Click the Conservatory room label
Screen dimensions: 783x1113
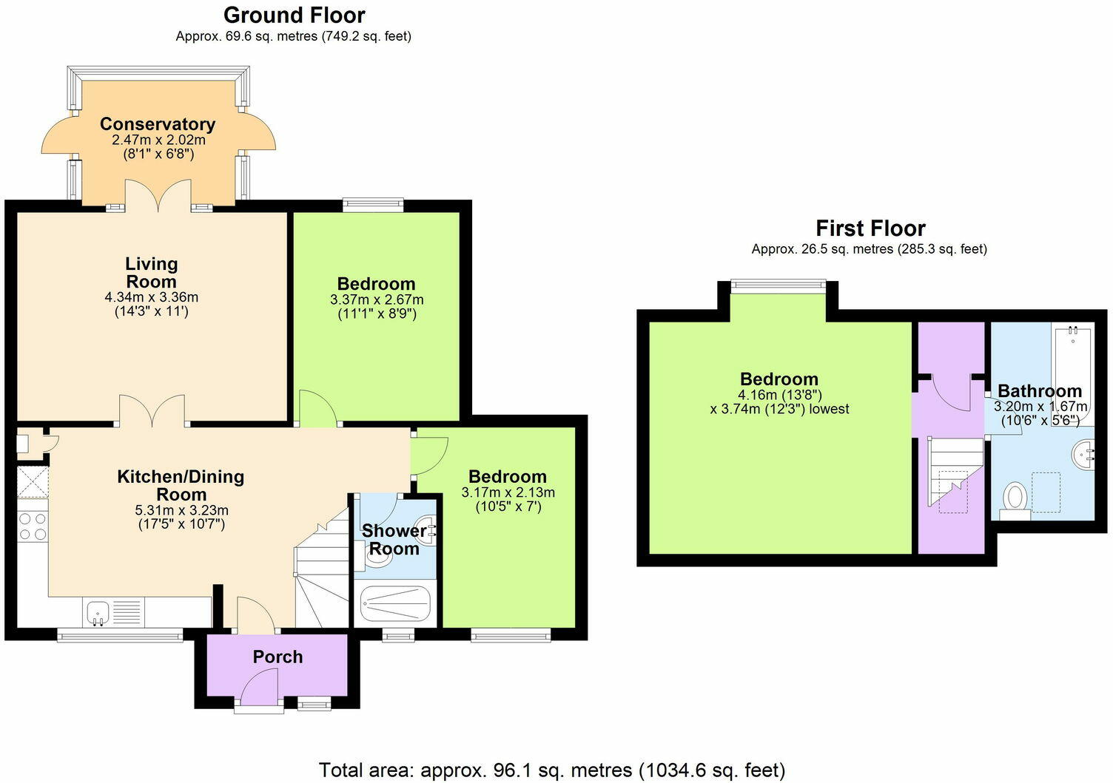tap(158, 124)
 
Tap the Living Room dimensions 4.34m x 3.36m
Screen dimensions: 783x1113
tap(152, 297)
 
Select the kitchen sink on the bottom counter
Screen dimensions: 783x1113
tap(98, 612)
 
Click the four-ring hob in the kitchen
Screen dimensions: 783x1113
tap(33, 526)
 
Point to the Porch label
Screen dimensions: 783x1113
tap(278, 657)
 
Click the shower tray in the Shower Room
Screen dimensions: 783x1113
tap(395, 604)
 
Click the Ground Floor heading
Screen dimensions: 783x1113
tap(294, 15)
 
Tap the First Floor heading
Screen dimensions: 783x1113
tap(870, 228)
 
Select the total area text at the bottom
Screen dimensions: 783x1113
tap(552, 770)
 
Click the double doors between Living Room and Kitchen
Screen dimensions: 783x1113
tap(152, 413)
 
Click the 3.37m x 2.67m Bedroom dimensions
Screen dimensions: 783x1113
tap(377, 299)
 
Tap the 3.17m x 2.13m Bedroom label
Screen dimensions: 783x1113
tap(508, 477)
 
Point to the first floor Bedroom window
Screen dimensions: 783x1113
tap(778, 284)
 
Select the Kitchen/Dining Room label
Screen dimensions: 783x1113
tap(181, 485)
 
